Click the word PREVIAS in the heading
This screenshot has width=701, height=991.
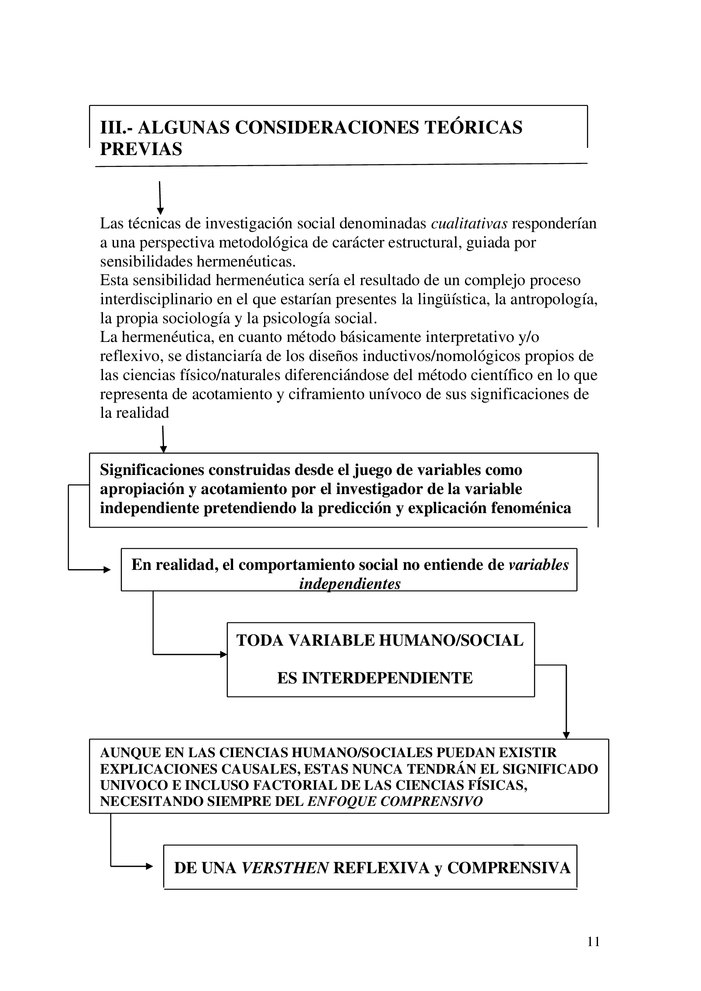click(141, 149)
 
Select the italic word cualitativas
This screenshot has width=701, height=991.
click(469, 224)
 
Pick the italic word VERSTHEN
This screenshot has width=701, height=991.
click(285, 868)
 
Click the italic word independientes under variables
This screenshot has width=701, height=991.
click(350, 584)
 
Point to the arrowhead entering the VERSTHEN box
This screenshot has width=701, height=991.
click(149, 866)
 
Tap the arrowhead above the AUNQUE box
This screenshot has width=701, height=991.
click(566, 735)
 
